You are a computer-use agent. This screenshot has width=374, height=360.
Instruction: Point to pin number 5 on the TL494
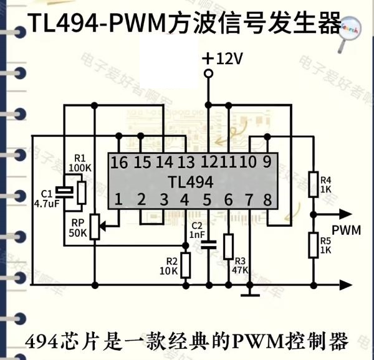pos(207,200)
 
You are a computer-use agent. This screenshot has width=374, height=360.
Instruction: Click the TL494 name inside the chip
pos(191,181)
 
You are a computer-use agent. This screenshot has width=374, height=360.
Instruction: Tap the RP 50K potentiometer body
pos(95,227)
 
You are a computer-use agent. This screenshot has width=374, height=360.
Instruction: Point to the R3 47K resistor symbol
pos(228,247)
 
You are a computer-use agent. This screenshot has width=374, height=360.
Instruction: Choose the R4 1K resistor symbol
pos(314,185)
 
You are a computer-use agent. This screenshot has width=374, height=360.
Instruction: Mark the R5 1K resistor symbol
pos(314,244)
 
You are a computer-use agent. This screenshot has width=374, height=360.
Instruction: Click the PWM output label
pos(346,230)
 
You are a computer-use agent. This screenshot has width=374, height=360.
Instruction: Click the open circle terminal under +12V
pos(208,74)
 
